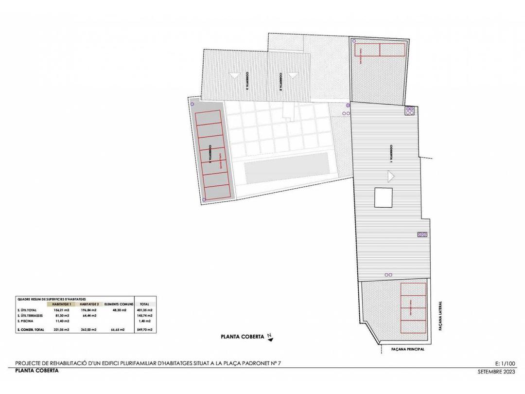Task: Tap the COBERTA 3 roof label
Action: (x=247, y=81)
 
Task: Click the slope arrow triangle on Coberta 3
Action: (x=234, y=75)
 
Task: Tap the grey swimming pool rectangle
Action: (x=285, y=168)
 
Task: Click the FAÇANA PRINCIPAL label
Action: (x=408, y=349)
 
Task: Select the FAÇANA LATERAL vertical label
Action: (x=439, y=317)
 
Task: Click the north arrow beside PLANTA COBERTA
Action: (x=270, y=335)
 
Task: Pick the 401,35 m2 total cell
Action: (x=144, y=310)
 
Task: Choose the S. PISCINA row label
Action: (x=25, y=321)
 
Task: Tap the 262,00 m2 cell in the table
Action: (x=89, y=330)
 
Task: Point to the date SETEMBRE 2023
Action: (x=496, y=371)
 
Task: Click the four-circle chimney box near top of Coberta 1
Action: (x=409, y=110)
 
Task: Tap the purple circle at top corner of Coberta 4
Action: (x=192, y=104)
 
